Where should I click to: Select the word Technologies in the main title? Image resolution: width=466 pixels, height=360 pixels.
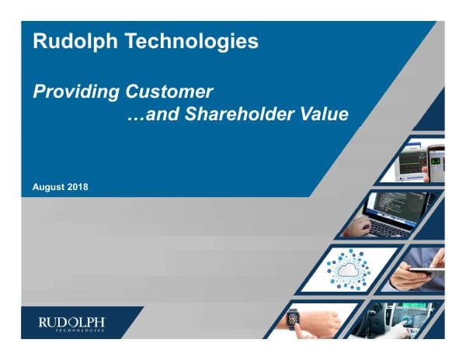[x=189, y=42]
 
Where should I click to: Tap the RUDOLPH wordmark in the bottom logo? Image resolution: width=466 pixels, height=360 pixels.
[x=72, y=320]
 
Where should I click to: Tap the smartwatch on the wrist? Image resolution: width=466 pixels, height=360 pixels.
[x=294, y=318]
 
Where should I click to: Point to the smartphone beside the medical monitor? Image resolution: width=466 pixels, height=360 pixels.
[x=436, y=162]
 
